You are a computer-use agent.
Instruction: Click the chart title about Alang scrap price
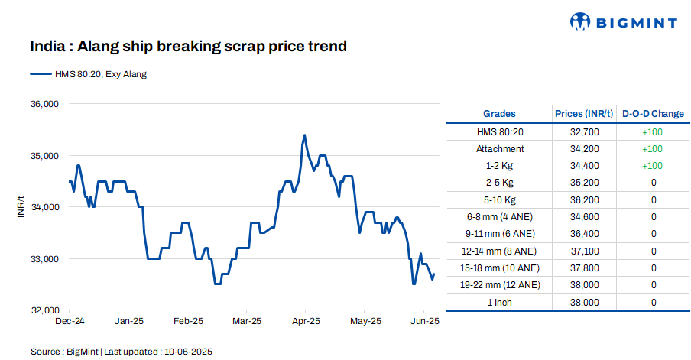point(188,47)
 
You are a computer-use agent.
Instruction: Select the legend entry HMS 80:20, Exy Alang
point(88,74)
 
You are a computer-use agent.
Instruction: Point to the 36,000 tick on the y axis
point(44,104)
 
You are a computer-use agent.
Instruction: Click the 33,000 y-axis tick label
point(44,259)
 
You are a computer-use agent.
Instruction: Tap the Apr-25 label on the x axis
point(306,322)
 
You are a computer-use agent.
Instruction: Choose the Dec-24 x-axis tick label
point(70,322)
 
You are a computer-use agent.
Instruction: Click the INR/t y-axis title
point(21,207)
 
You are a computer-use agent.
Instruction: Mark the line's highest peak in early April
point(305,135)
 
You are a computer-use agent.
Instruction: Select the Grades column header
point(499,114)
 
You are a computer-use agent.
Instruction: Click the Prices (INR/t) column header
point(584,114)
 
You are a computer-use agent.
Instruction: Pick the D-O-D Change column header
point(653,114)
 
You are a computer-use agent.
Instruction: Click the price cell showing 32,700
point(584,131)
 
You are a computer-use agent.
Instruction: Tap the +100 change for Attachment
point(653,149)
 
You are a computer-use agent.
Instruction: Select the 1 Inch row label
point(499,303)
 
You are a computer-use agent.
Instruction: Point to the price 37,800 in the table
point(584,268)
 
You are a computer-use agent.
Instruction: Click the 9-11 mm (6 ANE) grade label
point(499,234)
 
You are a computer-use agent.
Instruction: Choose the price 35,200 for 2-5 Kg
point(584,183)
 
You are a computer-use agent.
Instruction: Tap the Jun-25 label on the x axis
point(425,322)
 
